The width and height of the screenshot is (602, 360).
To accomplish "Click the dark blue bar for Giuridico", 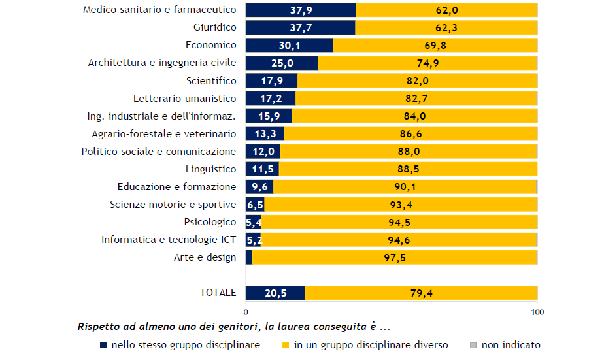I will (300, 27).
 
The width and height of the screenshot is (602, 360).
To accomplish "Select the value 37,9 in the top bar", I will (301, 10).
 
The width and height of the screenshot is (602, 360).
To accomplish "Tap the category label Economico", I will (210, 45).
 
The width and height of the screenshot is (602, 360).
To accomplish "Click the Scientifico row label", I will (210, 80).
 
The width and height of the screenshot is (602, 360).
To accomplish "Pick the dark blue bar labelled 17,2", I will (271, 98).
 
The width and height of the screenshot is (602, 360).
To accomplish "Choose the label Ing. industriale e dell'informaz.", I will (161, 116).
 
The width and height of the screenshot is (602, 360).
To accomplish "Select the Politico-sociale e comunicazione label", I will (158, 152).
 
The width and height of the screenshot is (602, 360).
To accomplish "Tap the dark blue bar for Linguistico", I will (262, 169).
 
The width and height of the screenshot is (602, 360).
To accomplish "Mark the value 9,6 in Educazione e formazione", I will (259, 187).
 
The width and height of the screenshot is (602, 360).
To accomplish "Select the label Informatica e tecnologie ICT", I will (169, 240).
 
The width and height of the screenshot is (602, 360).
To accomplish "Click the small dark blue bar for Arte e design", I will (249, 257).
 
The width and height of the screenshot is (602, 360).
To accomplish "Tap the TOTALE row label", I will (218, 293).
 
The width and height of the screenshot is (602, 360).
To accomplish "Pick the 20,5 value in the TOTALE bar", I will (275, 293).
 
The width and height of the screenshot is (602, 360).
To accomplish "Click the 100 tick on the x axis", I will (537, 312).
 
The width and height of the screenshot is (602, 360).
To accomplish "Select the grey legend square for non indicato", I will (474, 345).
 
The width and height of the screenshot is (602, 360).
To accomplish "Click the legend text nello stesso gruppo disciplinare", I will (186, 345).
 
